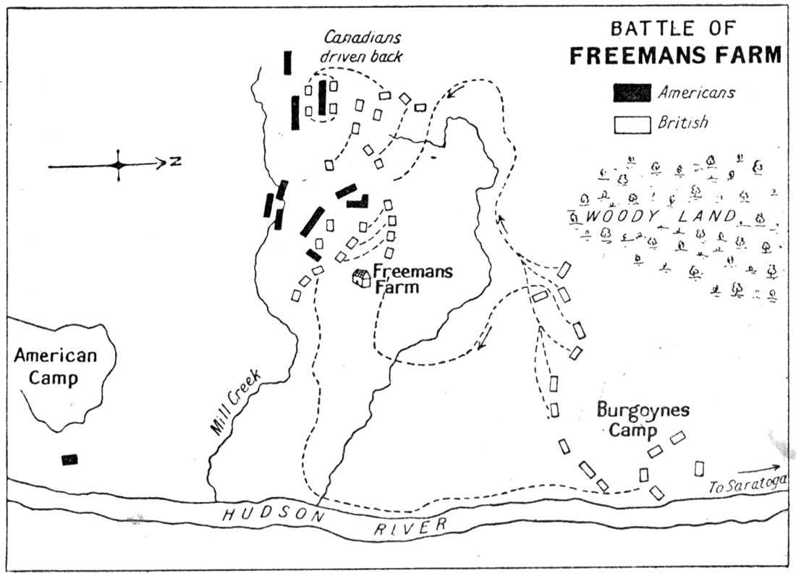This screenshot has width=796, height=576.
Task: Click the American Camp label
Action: pos(55,367)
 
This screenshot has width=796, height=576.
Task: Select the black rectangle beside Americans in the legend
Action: pos(631,93)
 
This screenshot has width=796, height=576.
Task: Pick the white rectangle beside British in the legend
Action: pos(631,124)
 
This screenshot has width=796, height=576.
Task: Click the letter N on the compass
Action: pos(174,162)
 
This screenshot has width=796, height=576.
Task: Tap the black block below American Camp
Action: pos(69,459)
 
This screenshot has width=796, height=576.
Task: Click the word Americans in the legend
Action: pos(696,93)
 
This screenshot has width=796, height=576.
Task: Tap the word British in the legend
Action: pos(682,123)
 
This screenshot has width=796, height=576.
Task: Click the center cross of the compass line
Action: pos(118,166)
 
